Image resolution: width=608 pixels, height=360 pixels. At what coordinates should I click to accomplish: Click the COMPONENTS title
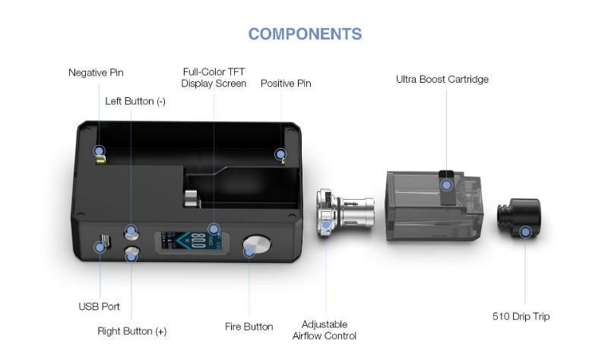pos(305,34)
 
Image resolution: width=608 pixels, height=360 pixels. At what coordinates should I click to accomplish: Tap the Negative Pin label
pos(96,72)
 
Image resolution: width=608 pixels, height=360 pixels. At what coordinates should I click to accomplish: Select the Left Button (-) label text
pos(135,101)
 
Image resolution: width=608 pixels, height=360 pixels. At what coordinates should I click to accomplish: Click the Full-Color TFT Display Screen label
pos(214,77)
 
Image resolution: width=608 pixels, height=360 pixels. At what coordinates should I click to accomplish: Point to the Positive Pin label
pos(286,84)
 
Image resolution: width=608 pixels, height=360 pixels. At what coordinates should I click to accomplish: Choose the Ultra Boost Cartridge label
pos(442,79)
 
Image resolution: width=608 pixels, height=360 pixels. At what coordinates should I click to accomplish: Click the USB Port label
pos(99,307)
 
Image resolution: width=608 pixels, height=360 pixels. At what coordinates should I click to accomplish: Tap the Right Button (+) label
pos(131,331)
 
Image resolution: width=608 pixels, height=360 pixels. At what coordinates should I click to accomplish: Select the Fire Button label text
pos(249,327)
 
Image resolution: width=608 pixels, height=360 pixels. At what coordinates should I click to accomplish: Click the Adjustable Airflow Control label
pos(325,330)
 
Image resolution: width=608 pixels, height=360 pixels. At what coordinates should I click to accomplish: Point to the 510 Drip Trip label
pos(521,317)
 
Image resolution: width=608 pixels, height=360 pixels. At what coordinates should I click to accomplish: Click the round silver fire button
pos(257,245)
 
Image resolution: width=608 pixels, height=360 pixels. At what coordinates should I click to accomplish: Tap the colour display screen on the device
pos(192,241)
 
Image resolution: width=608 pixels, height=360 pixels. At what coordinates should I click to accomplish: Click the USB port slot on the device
pos(105,242)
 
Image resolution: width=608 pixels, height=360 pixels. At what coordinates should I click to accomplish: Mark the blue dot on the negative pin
pos(99,150)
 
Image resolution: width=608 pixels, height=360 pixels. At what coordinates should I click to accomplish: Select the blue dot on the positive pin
pos(280,154)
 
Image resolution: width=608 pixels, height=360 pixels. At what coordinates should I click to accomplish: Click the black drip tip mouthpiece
pos(519,218)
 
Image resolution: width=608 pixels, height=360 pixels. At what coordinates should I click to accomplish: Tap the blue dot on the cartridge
pos(446,185)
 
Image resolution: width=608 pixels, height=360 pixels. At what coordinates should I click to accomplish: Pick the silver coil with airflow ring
pos(345,213)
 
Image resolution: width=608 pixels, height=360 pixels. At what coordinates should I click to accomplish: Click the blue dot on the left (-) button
pos(131,231)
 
